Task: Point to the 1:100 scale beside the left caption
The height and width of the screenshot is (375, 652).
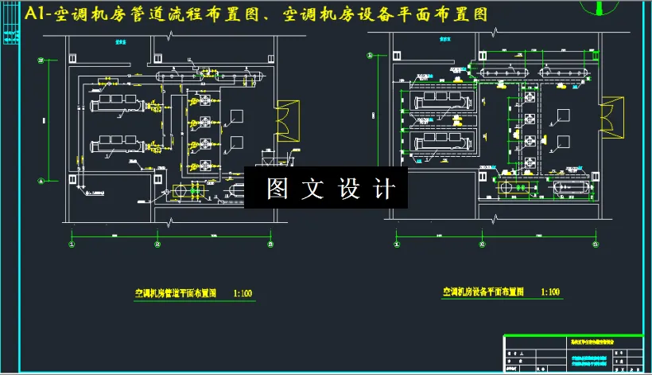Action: [243, 293]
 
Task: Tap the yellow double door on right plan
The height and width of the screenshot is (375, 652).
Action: [611, 116]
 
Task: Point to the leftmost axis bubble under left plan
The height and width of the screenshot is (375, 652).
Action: [72, 244]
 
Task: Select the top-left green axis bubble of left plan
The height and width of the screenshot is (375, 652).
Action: [41, 61]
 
